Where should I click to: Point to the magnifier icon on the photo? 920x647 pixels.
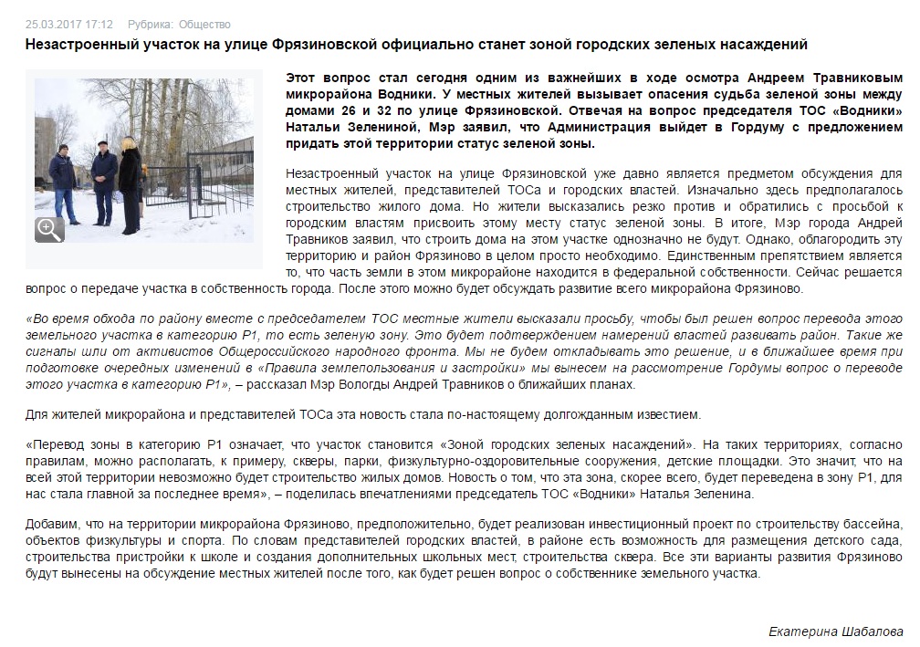(x=49, y=229)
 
